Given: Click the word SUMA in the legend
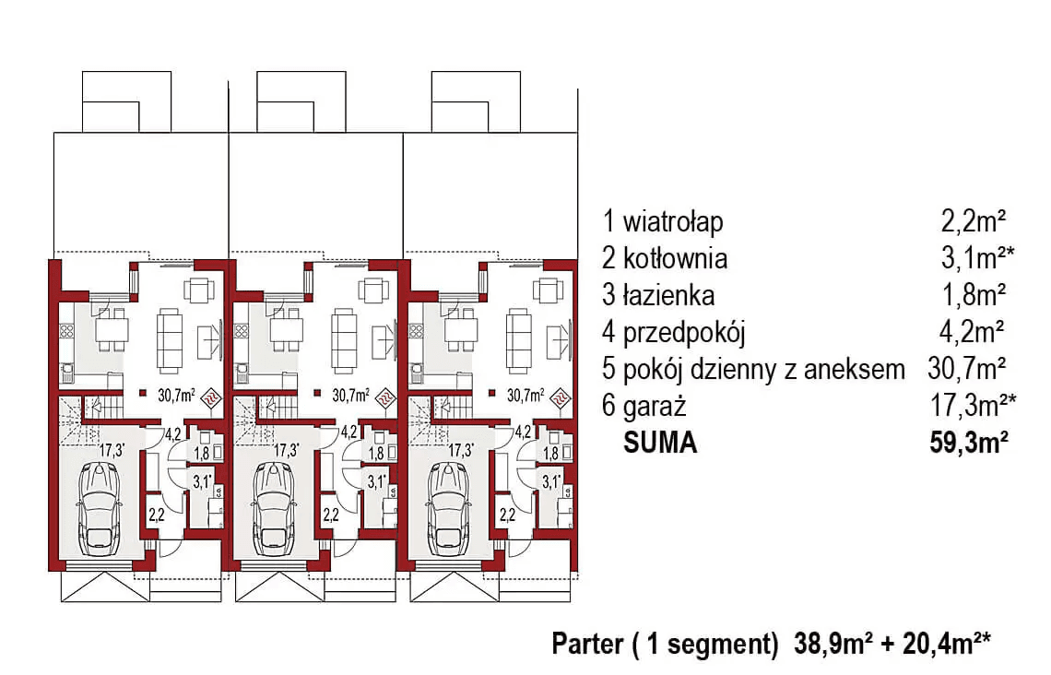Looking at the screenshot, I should tap(660, 444).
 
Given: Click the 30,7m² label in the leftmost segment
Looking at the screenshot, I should tap(175, 396).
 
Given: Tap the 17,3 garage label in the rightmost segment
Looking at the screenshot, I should tap(462, 451).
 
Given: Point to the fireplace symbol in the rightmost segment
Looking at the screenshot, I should tap(560, 397).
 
